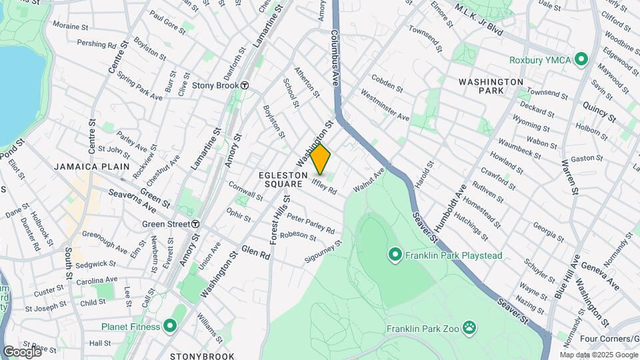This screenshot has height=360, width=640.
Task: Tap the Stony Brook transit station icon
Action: pyautogui.click(x=245, y=85)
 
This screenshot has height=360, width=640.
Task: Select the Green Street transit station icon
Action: pyautogui.click(x=195, y=224)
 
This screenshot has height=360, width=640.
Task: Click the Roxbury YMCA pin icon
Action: pyautogui.click(x=581, y=60)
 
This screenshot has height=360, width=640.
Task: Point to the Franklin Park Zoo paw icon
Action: pyautogui.click(x=470, y=328)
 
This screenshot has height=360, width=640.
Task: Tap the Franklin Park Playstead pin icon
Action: pyautogui.click(x=395, y=255)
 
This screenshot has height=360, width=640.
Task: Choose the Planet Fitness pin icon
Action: pyautogui.click(x=169, y=327)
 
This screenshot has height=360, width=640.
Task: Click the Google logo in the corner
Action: pyautogui.click(x=22, y=351)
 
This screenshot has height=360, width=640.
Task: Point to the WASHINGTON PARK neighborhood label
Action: pyautogui.click(x=491, y=86)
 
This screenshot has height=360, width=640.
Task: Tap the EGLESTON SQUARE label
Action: pyautogui.click(x=283, y=179)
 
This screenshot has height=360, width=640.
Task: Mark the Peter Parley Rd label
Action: pyautogui.click(x=311, y=223)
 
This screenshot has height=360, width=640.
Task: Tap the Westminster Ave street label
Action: pyautogui.click(x=385, y=106)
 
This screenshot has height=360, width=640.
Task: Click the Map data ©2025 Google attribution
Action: pyautogui.click(x=597, y=355)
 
